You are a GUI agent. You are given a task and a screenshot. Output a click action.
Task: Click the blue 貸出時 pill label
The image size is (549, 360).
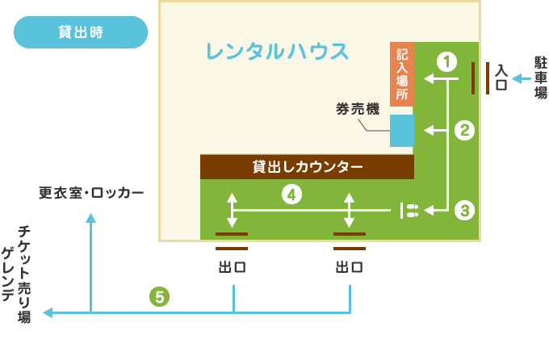(x=81, y=33)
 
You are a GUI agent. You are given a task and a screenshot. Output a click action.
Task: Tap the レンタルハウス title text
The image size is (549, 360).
(x=277, y=52)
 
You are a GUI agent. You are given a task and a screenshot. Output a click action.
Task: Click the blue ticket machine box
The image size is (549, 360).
(x=402, y=131)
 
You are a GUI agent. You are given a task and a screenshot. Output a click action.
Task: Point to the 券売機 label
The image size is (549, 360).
(x=358, y=108)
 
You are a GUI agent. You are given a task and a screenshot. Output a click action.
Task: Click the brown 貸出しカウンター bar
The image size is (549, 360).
(x=307, y=167)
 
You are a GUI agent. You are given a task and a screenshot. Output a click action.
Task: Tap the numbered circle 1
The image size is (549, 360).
(x=446, y=60)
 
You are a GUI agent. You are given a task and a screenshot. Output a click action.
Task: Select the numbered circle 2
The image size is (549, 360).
(x=463, y=130)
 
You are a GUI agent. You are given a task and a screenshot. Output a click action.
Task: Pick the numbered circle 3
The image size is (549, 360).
(x=463, y=211)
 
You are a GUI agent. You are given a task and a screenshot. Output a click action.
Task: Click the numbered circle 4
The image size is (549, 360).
(x=291, y=194)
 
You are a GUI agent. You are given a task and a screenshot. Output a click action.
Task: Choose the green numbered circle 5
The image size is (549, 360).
(x=160, y=296)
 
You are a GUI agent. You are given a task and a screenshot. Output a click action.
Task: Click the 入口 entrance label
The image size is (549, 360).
(x=501, y=77)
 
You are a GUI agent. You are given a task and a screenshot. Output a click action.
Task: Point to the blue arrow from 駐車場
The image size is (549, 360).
(x=520, y=78)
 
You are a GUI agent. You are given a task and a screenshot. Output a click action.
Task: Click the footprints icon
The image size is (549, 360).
(x=410, y=211)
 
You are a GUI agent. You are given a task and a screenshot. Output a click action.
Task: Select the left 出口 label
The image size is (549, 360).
(x=232, y=267)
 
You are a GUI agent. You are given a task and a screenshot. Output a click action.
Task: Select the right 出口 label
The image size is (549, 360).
(x=349, y=267)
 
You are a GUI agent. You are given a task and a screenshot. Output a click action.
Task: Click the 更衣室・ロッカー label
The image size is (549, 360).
(x=91, y=194)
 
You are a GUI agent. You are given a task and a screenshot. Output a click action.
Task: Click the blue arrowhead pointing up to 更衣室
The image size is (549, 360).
(x=91, y=218)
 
